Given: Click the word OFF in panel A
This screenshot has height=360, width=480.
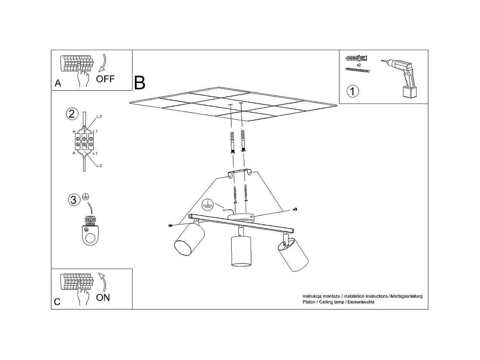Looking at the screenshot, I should [105, 79].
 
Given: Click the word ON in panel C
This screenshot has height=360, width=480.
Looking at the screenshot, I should [103, 298].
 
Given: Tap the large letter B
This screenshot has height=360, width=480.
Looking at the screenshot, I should [139, 83].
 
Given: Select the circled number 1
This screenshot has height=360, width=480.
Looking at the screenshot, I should [353, 91].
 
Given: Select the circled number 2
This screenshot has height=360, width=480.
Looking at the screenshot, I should [72, 114].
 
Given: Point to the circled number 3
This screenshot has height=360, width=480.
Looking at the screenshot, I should [73, 200].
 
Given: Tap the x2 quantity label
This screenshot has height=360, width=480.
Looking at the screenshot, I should [359, 65].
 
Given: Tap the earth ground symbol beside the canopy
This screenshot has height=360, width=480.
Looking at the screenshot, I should [207, 204].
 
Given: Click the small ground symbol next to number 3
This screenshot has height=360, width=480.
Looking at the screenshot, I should [86, 197].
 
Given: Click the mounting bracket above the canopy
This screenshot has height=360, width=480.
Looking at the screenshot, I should [239, 173].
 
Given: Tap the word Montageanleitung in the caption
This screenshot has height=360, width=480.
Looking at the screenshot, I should [406, 296].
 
